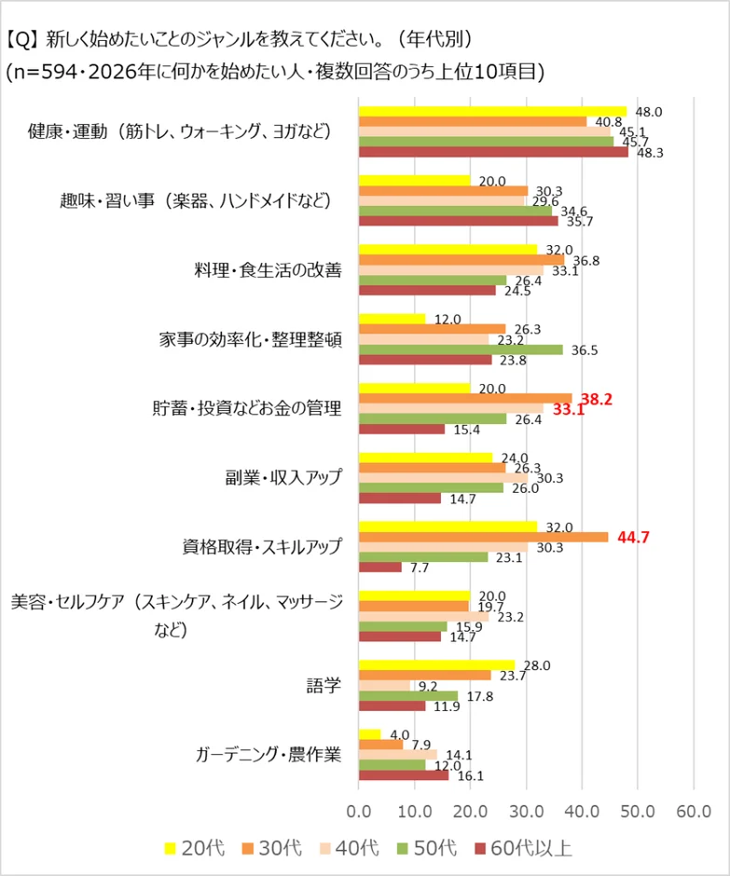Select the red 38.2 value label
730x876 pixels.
tap(597, 399)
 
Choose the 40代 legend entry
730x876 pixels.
tap(347, 848)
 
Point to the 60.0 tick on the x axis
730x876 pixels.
tap(693, 808)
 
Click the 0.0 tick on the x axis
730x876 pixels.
tap(359, 808)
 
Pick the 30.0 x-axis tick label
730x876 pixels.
tap(526, 808)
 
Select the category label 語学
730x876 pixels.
tap(324, 685)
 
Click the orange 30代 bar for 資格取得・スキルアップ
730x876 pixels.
tap(483, 537)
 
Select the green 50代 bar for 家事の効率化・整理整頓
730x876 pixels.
tap(461, 349)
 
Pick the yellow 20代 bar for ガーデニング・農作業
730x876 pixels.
tap(370, 733)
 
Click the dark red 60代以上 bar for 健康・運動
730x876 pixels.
tap(493, 152)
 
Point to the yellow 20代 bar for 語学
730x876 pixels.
tap(436, 664)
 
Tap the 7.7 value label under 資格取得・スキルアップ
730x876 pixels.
tap(420, 568)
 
